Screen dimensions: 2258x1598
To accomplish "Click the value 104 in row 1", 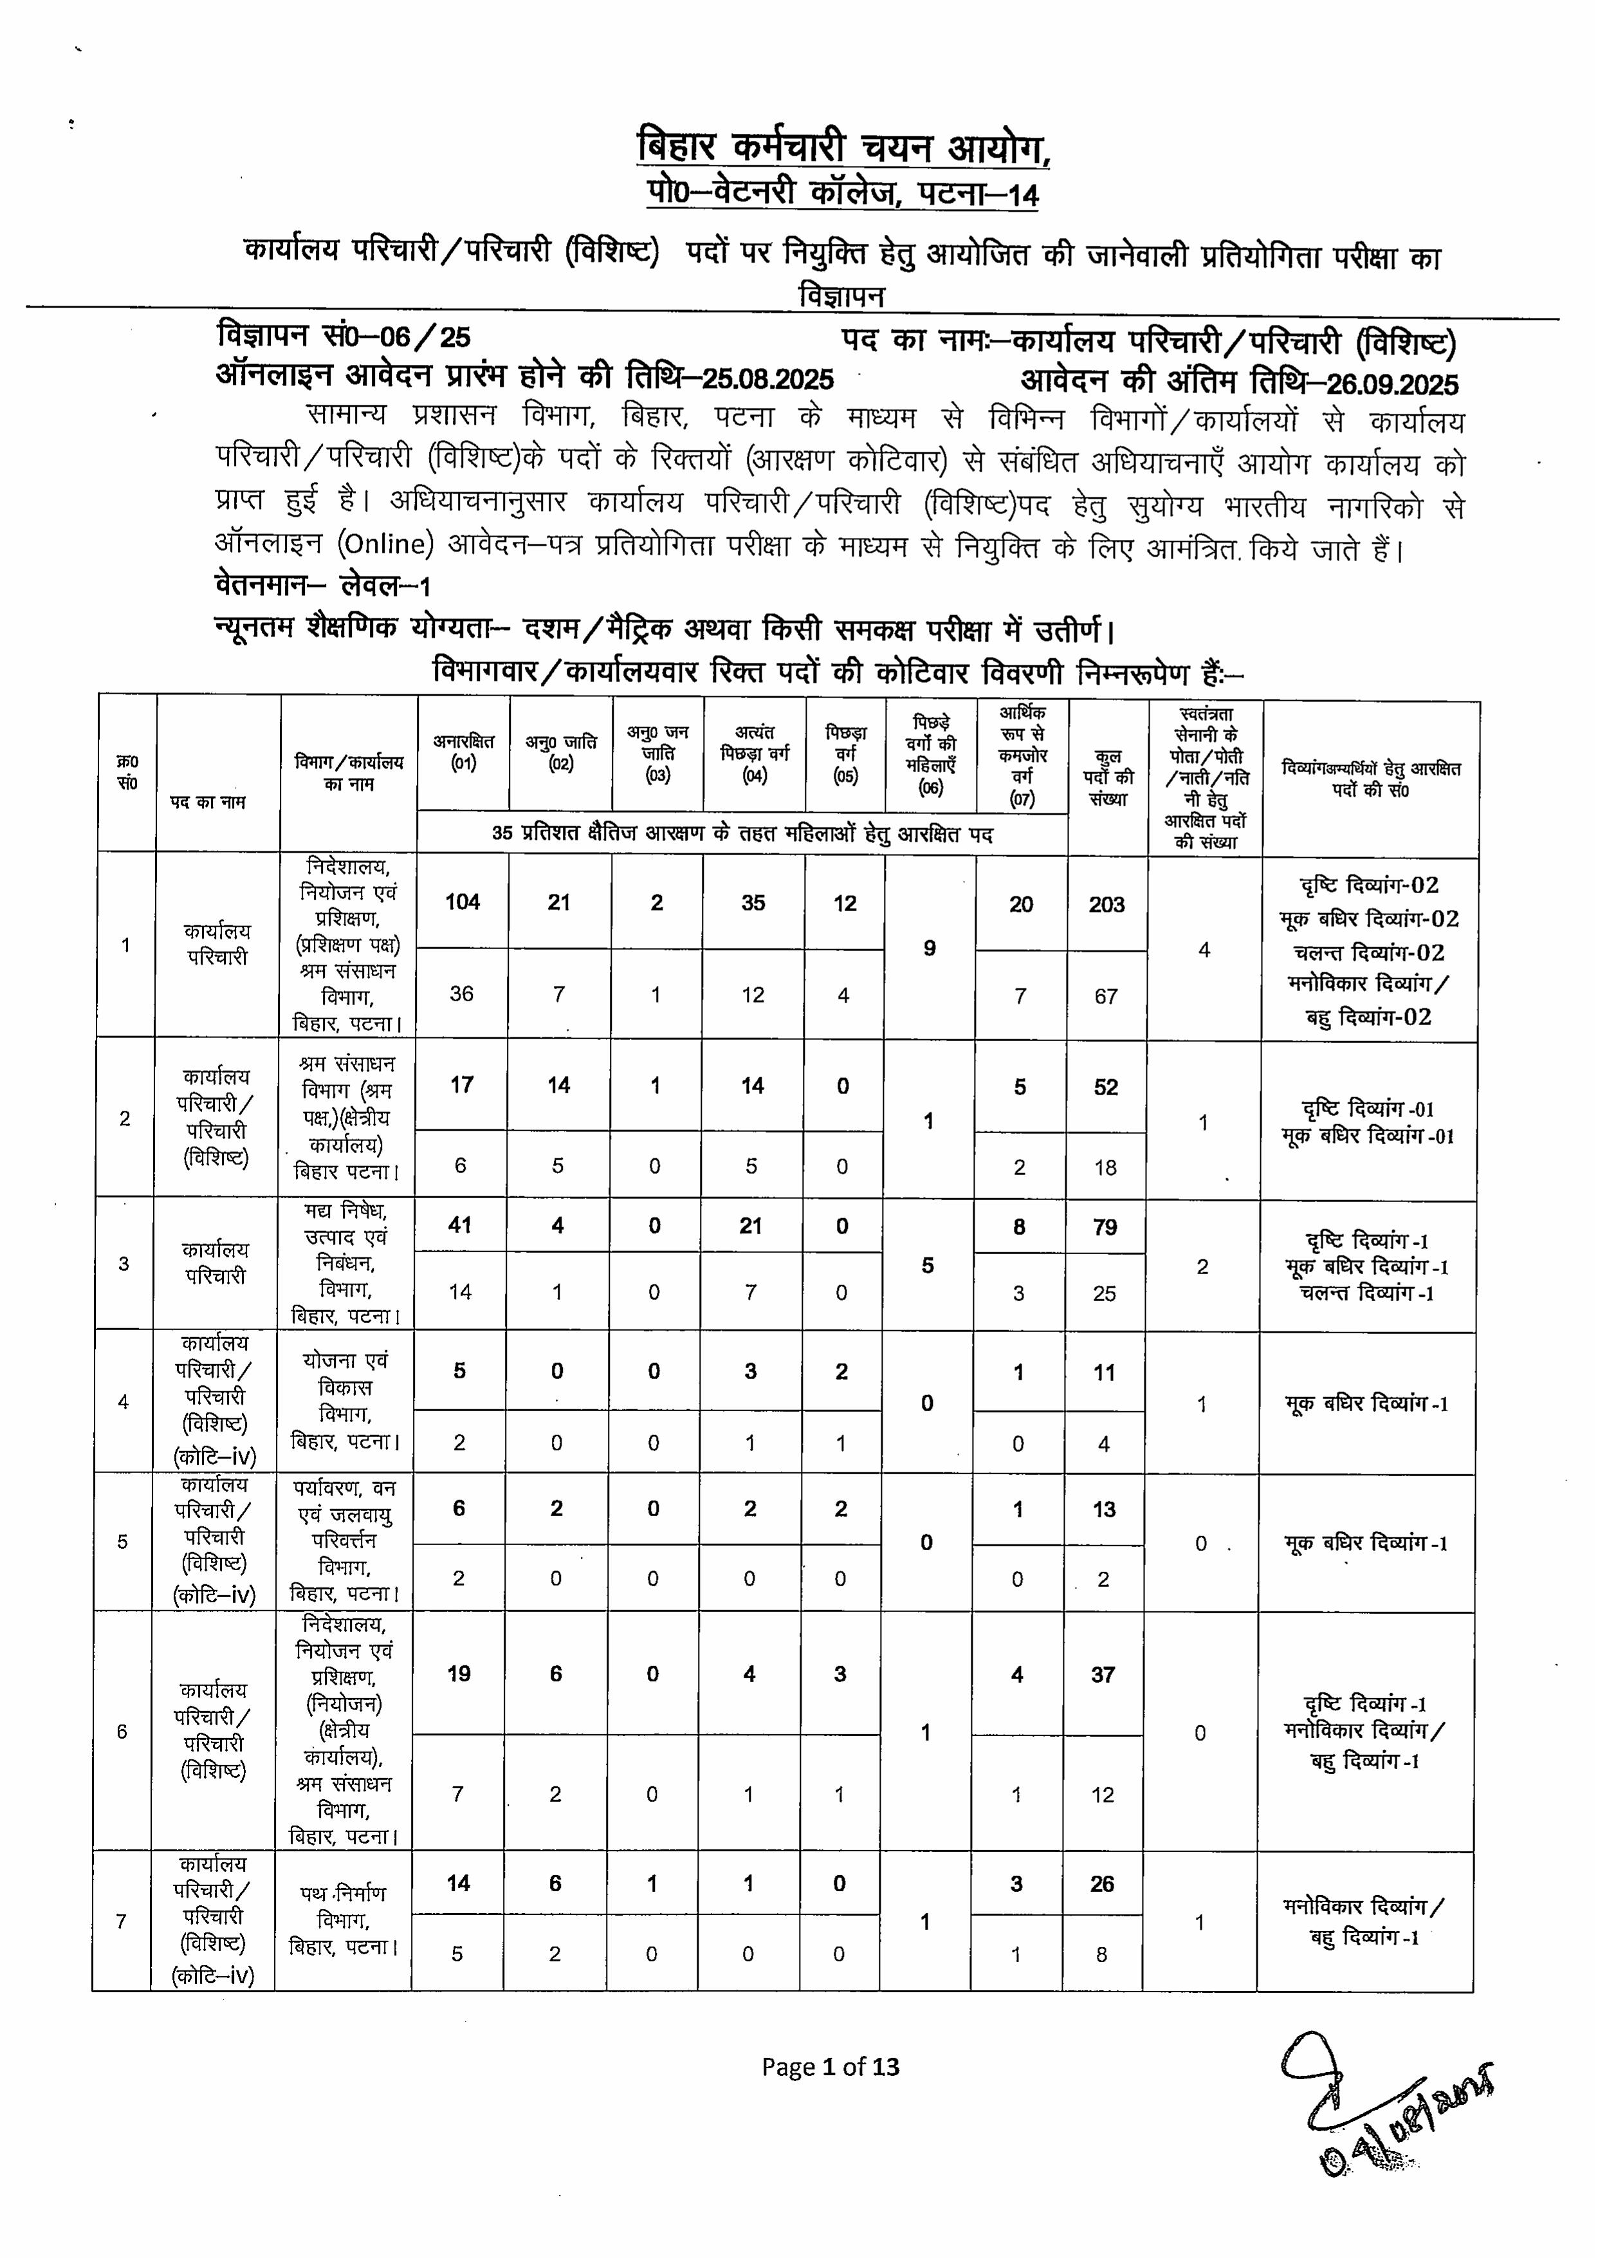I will pyautogui.click(x=463, y=903).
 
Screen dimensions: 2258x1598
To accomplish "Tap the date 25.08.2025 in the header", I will pyautogui.click(x=767, y=380).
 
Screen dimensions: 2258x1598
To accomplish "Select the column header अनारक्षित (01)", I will pyautogui.click(x=463, y=752).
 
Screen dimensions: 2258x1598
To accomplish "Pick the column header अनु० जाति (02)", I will pyautogui.click(x=561, y=753).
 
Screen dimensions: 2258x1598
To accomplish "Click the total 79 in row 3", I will pyautogui.click(x=1105, y=1227).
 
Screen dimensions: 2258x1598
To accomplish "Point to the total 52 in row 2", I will pyautogui.click(x=1106, y=1087).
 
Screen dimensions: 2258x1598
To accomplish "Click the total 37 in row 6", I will pyautogui.click(x=1103, y=1674).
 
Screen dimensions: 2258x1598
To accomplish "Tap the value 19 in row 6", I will pyautogui.click(x=459, y=1673).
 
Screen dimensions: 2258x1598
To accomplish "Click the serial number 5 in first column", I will pyautogui.click(x=123, y=1541).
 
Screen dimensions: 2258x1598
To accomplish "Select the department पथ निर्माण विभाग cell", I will pyautogui.click(x=344, y=1920).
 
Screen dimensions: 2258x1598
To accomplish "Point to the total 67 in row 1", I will pyautogui.click(x=1106, y=996).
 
